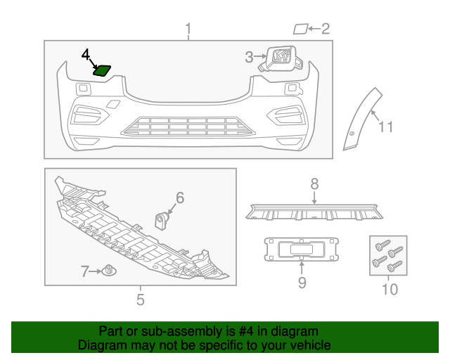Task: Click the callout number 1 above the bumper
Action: pyautogui.click(x=188, y=29)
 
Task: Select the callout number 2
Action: pyautogui.click(x=325, y=29)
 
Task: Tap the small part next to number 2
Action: pyautogui.click(x=300, y=29)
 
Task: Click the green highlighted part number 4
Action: pyautogui.click(x=103, y=70)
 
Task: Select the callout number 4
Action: pyautogui.click(x=86, y=54)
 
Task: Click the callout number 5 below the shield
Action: pyautogui.click(x=140, y=300)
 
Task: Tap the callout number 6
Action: pyautogui.click(x=180, y=198)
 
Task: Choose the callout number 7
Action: pyautogui.click(x=84, y=271)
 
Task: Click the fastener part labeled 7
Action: pyautogui.click(x=109, y=270)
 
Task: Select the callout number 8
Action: pyautogui.click(x=314, y=184)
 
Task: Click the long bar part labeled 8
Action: pyautogui.click(x=314, y=212)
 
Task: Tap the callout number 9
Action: pyautogui.click(x=302, y=283)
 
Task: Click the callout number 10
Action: pyautogui.click(x=389, y=289)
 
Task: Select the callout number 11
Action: pyautogui.click(x=386, y=127)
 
